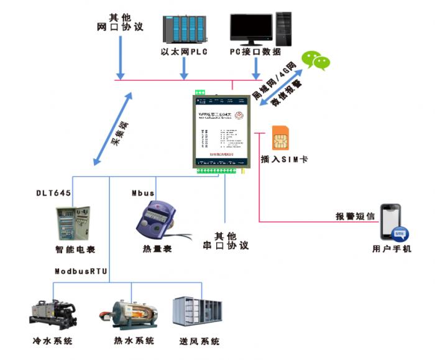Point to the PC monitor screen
click(251, 29)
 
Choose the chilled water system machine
click(53, 313)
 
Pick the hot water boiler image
click(133, 314)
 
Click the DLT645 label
click(52, 193)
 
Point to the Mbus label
click(142, 193)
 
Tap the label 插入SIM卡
click(284, 159)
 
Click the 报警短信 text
click(355, 216)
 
